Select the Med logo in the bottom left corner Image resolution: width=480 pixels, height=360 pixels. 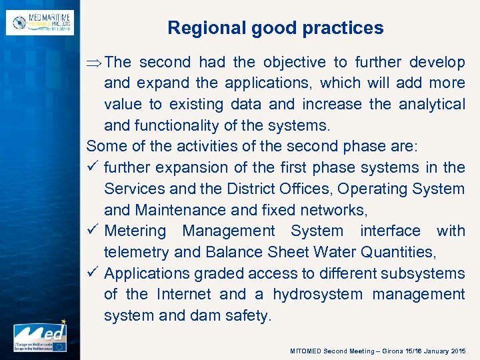pos(40,337)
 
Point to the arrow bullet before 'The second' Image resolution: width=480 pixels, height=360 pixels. pos(94,63)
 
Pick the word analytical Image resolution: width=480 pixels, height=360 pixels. pos(432,105)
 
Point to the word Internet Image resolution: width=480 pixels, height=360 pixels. pos(185,295)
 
